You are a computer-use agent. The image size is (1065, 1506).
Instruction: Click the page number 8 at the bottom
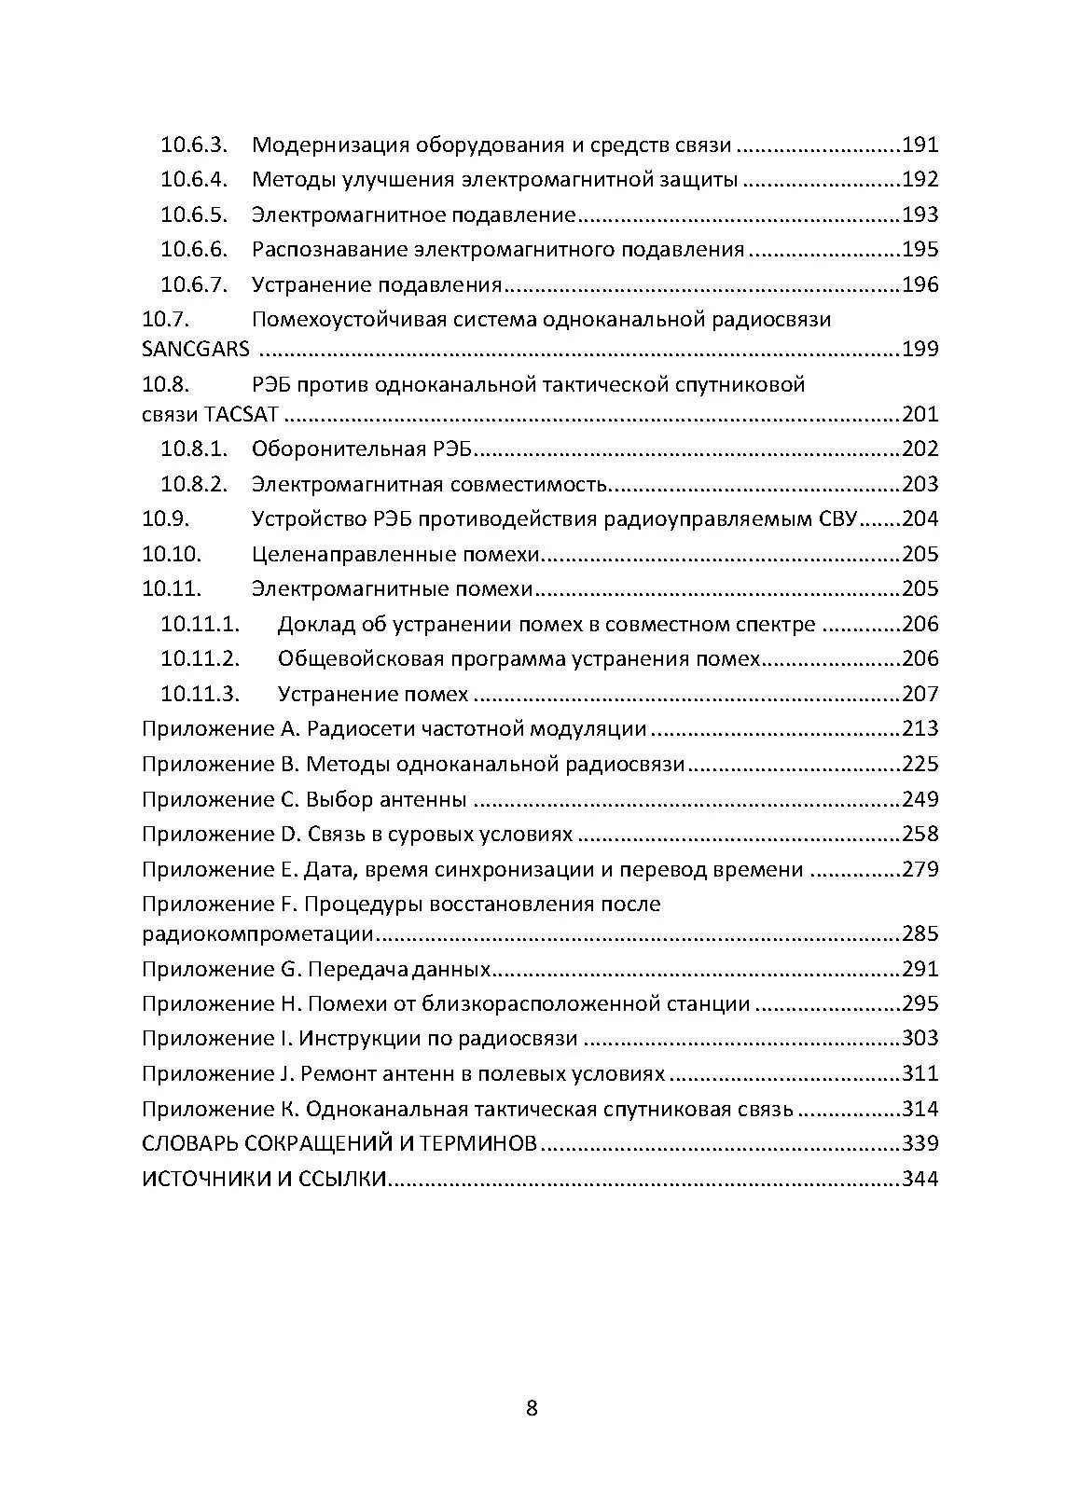point(532,1408)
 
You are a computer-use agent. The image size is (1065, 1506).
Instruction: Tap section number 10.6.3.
point(194,145)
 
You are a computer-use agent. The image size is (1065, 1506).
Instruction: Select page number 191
point(920,145)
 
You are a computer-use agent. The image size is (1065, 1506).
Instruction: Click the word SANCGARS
point(196,350)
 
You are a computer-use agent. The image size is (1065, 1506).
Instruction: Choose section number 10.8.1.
point(194,449)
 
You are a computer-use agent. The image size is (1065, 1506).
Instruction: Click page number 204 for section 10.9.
point(920,519)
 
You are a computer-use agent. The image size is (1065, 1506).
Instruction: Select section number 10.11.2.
point(200,659)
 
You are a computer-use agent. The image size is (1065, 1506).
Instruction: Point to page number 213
point(920,729)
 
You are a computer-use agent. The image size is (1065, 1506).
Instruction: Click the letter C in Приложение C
point(289,799)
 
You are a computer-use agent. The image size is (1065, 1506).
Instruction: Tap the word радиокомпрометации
point(258,934)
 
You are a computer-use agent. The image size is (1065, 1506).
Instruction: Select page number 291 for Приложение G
point(920,970)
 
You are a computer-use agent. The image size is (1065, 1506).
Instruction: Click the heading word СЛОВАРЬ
point(188,1144)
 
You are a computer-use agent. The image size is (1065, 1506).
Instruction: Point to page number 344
point(920,1179)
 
